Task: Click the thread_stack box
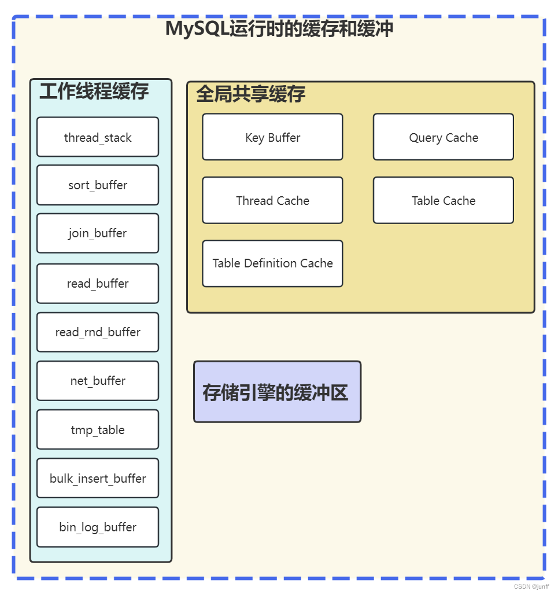(98, 137)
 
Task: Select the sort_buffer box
(98, 185)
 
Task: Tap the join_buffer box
(98, 233)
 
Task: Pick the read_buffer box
(98, 284)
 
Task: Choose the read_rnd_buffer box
(98, 332)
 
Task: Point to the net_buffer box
(98, 381)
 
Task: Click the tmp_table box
(98, 429)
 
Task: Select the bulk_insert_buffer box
(98, 478)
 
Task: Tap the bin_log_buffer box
(98, 527)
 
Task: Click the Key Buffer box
(272, 137)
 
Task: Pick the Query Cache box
(444, 137)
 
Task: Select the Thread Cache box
(272, 200)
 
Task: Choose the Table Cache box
(444, 200)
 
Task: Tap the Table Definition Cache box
(272, 263)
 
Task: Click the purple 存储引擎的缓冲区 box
(277, 392)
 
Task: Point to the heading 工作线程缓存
(94, 91)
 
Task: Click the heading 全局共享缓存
(250, 94)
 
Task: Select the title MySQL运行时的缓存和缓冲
(279, 28)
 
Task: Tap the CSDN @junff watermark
(531, 586)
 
